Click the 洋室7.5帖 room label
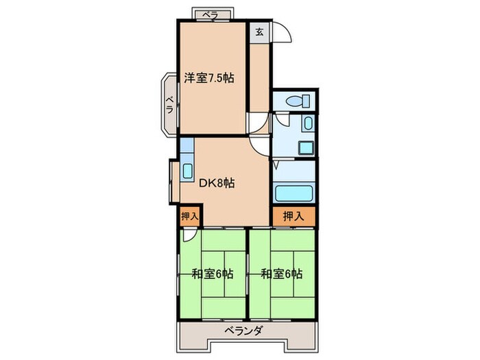tap(209, 78)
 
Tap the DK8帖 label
tap(217, 183)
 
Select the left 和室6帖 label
tap(212, 274)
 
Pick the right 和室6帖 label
tap(281, 274)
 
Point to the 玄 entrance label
tap(260, 32)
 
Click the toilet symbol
tap(297, 101)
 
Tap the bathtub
tap(293, 193)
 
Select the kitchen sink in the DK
tap(188, 170)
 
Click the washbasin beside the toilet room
tap(307, 125)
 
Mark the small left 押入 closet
tap(190, 216)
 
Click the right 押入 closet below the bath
tap(293, 216)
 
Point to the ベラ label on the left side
tap(168, 106)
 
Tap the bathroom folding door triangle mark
tap(276, 165)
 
